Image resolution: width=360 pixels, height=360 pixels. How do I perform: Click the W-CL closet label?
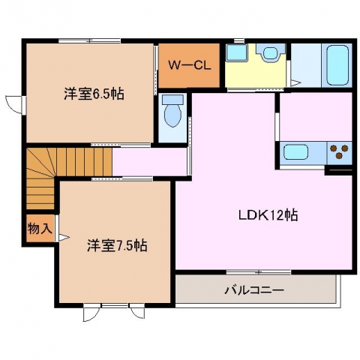190,65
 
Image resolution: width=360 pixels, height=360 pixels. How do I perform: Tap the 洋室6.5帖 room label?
94,94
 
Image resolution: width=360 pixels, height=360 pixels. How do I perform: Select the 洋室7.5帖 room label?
117,245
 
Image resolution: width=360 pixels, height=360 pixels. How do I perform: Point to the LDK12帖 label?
268,215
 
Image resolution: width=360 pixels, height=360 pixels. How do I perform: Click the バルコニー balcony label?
255,290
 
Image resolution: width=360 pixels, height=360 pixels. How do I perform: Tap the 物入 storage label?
40,228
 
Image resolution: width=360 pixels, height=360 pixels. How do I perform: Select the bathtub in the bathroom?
337,65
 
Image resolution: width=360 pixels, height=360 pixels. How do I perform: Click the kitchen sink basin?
295,152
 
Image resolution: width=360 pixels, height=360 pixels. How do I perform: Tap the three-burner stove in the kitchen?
339,151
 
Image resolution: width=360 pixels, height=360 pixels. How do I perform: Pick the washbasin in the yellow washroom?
270,52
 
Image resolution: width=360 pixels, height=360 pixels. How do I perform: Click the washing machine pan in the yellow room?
236,52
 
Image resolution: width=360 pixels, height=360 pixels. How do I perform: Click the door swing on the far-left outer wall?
14,104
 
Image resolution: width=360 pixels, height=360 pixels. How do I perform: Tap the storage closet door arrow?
64,238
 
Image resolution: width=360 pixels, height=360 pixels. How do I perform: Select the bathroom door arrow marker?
295,83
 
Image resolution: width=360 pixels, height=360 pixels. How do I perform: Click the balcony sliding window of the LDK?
259,272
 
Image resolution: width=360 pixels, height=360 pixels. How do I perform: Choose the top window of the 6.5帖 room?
90,40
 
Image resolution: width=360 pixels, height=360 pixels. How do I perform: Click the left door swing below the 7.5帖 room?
91,313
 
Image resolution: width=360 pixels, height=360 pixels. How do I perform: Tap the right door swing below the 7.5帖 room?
137,311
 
